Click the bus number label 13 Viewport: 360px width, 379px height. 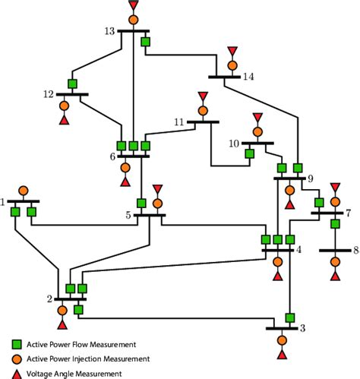click(x=109, y=30)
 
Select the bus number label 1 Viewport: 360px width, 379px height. click(x=4, y=202)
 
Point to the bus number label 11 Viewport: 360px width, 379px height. click(x=179, y=122)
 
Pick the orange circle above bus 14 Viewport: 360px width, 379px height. click(x=232, y=65)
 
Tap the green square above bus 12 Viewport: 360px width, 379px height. click(x=72, y=84)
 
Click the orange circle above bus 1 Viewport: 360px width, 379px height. click(x=23, y=190)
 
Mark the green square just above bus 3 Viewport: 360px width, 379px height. click(x=289, y=317)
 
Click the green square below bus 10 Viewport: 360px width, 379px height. click(x=248, y=153)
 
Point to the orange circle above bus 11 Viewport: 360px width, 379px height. click(x=202, y=110)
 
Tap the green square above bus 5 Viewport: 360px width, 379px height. click(x=141, y=203)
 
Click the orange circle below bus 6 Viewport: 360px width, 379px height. click(x=125, y=168)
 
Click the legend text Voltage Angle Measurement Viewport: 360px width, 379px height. click(x=74, y=373)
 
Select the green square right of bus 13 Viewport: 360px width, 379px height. click(x=146, y=41)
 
